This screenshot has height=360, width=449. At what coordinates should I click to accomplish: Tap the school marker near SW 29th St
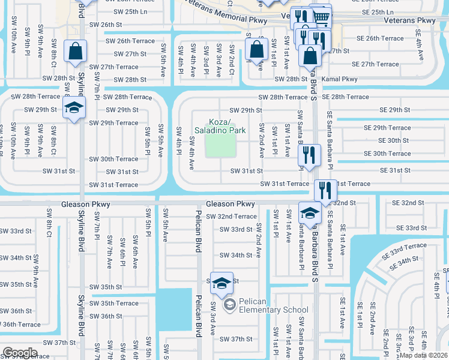75,108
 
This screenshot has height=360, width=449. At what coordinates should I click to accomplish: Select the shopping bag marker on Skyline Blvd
76,52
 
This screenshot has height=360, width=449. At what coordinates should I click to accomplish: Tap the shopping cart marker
322,17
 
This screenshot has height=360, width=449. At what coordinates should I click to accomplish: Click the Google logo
20,352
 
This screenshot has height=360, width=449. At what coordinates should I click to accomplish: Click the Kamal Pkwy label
340,79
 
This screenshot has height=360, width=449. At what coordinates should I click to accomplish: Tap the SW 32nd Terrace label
231,217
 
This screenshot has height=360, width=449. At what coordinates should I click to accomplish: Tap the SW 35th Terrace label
115,303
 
